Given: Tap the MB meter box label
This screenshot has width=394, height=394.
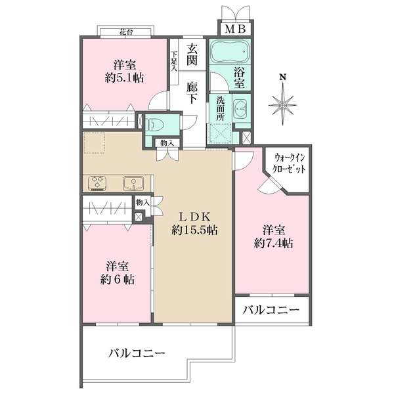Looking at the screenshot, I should (x=236, y=30).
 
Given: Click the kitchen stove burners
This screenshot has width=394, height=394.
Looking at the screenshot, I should (x=96, y=183).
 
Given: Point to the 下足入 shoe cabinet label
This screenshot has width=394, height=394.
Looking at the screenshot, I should (x=174, y=61).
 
